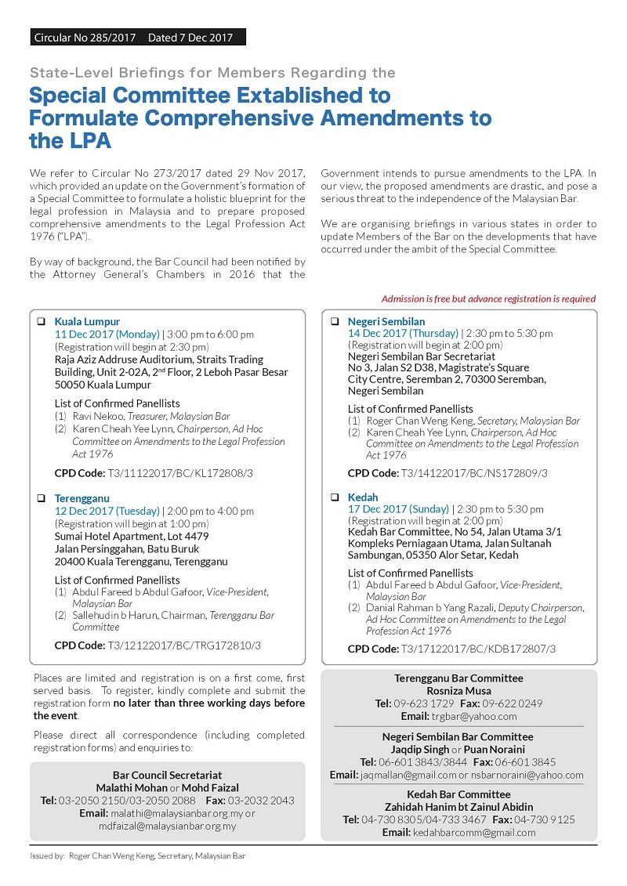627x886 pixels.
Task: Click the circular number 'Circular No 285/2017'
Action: (x=85, y=37)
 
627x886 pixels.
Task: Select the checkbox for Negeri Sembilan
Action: (x=334, y=322)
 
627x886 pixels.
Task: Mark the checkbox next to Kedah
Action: (x=334, y=497)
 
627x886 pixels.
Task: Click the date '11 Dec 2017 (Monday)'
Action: (x=107, y=335)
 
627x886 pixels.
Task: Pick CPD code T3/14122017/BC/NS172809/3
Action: (x=474, y=473)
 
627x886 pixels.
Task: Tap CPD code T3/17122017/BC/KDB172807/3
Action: (x=478, y=649)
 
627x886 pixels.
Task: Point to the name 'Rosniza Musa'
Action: (x=458, y=691)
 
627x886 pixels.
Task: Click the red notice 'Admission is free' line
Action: (x=487, y=298)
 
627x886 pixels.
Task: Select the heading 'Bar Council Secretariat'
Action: (x=167, y=775)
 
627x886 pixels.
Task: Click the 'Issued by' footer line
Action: (x=137, y=856)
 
